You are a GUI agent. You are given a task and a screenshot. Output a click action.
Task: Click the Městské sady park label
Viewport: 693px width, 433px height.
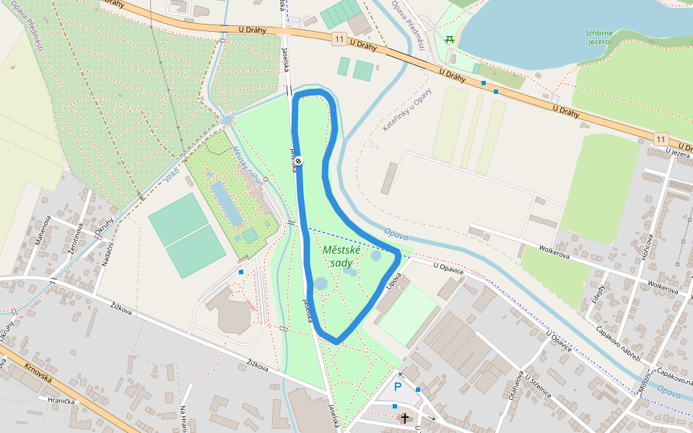pyautogui.click(x=341, y=256)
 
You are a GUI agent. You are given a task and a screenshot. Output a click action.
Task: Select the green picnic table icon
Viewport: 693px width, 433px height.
pyautogui.click(x=450, y=39)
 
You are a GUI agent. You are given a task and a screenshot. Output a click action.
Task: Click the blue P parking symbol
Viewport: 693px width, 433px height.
pyautogui.click(x=397, y=387)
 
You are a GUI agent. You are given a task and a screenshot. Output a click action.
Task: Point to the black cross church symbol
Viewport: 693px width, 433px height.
pyautogui.click(x=405, y=418)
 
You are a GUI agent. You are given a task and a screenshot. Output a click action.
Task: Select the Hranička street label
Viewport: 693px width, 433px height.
pyautogui.click(x=61, y=401)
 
